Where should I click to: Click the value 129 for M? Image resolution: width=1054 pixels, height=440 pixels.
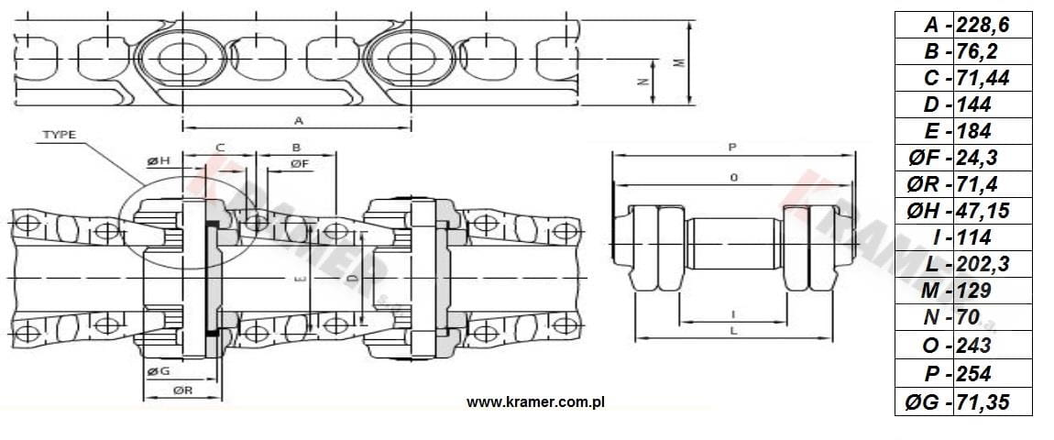coord(973,291)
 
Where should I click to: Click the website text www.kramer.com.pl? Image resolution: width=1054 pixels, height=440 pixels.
coord(536,402)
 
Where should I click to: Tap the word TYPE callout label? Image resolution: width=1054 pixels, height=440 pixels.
coord(60,135)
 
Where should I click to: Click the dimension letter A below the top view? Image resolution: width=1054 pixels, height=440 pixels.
coord(299,120)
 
